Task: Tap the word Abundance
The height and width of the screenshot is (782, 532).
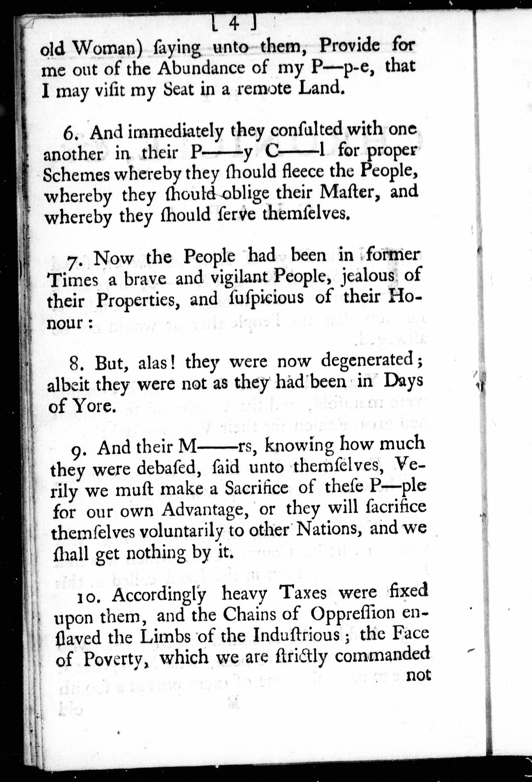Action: [213, 68]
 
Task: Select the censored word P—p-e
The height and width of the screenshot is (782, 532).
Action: [338, 68]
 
